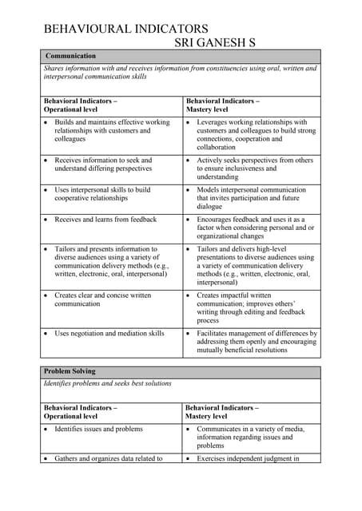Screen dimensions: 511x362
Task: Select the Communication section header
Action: [x=71, y=56]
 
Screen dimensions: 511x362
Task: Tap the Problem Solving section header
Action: [x=70, y=371]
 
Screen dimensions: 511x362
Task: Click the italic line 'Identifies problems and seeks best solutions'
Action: [x=108, y=383]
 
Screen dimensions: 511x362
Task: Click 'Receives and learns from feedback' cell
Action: [x=105, y=219]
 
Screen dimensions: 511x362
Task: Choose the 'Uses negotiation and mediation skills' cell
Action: [x=109, y=333]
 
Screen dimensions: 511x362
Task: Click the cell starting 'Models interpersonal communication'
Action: [x=251, y=198]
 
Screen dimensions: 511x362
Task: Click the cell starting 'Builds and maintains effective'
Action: [x=112, y=130]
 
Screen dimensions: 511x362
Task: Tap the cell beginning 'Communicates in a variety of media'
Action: [x=250, y=437]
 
